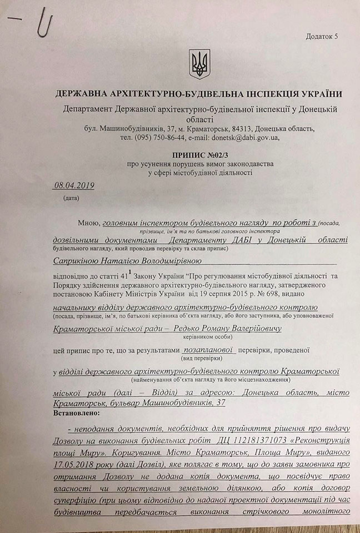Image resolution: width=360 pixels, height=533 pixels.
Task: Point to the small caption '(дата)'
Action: click(72, 197)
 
